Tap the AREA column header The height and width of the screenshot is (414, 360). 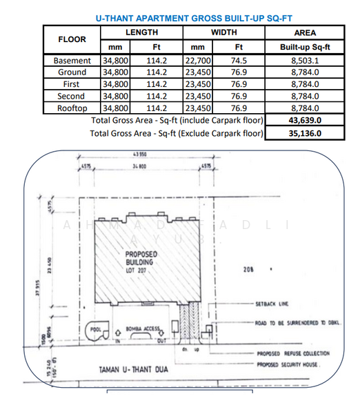[304, 32]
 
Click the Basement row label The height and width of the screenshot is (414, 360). [72, 61]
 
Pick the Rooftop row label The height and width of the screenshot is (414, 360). [72, 108]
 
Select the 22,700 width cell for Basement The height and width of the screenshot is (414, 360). [197, 61]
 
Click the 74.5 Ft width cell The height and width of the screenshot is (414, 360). [239, 61]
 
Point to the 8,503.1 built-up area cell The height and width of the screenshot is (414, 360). [304, 61]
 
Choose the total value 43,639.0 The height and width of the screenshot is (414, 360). [304, 120]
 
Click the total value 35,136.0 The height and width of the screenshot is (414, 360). [304, 132]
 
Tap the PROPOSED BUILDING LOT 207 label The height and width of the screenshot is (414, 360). [143, 263]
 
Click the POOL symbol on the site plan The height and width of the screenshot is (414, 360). [95, 329]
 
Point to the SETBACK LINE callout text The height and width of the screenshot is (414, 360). [273, 304]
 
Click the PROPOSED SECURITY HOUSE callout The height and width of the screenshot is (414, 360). [288, 364]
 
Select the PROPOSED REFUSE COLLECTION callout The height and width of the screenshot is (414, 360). [292, 353]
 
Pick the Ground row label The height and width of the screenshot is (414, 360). [72, 72]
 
